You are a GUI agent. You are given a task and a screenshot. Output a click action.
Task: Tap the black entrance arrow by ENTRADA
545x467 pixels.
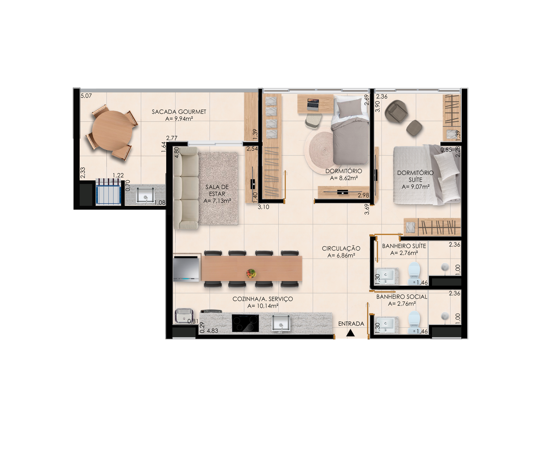click(350, 333)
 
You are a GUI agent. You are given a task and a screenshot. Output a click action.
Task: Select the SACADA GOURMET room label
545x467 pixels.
click(179, 112)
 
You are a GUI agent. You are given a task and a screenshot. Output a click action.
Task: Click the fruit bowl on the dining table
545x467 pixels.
click(251, 273)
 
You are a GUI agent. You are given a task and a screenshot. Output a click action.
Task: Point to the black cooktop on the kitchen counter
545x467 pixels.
click(245, 323)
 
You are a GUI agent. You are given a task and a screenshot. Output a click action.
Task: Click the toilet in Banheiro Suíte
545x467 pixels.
click(414, 273)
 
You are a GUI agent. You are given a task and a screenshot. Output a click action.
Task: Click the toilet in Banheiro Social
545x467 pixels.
click(414, 322)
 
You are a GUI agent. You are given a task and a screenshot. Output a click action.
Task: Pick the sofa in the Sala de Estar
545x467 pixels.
click(186, 188)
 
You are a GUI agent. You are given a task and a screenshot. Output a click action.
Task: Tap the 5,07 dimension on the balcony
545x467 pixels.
click(86, 96)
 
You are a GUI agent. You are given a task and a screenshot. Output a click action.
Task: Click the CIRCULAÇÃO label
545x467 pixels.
click(341, 248)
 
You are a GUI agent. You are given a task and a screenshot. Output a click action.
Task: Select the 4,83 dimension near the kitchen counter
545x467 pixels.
click(212, 331)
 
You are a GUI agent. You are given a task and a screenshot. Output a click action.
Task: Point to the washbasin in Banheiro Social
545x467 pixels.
click(386, 325)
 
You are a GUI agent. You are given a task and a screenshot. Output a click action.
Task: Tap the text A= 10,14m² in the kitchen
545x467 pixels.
click(263, 306)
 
